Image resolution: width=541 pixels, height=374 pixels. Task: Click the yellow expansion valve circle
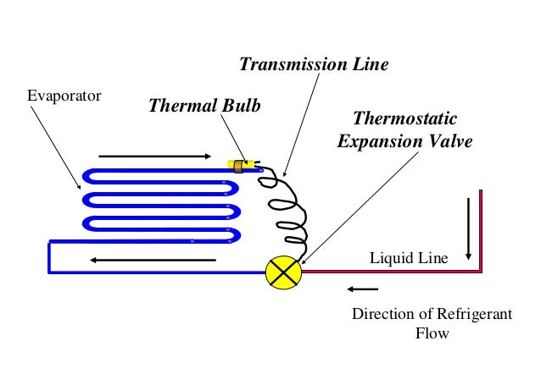click(282, 272)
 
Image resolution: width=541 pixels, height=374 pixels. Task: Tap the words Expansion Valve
click(404, 140)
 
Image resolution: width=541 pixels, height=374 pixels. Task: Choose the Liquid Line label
click(404, 257)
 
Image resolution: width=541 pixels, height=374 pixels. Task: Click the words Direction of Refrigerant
click(432, 314)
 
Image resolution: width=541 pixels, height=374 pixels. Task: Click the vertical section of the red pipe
click(480, 228)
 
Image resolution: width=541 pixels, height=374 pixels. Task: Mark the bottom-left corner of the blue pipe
click(50, 272)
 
